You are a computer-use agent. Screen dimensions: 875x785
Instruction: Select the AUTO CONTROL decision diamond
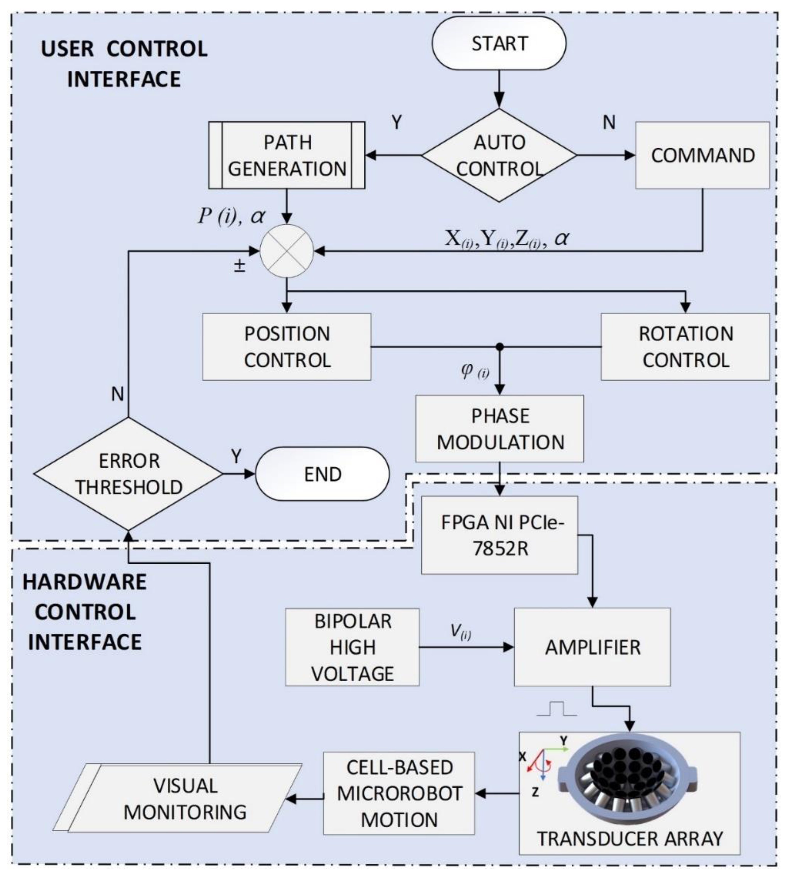click(x=499, y=155)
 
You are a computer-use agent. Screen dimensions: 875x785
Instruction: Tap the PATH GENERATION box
click(x=287, y=155)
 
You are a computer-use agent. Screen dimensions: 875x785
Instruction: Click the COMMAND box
click(x=702, y=155)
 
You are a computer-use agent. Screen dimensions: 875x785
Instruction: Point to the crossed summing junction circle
click(x=287, y=251)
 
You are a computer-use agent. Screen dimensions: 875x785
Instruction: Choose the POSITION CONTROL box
click(x=287, y=346)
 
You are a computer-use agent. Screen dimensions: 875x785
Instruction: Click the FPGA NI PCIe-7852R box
click(x=499, y=535)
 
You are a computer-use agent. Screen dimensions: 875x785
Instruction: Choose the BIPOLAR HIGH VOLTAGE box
click(x=352, y=647)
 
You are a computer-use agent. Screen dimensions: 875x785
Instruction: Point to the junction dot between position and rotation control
click(x=499, y=346)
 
